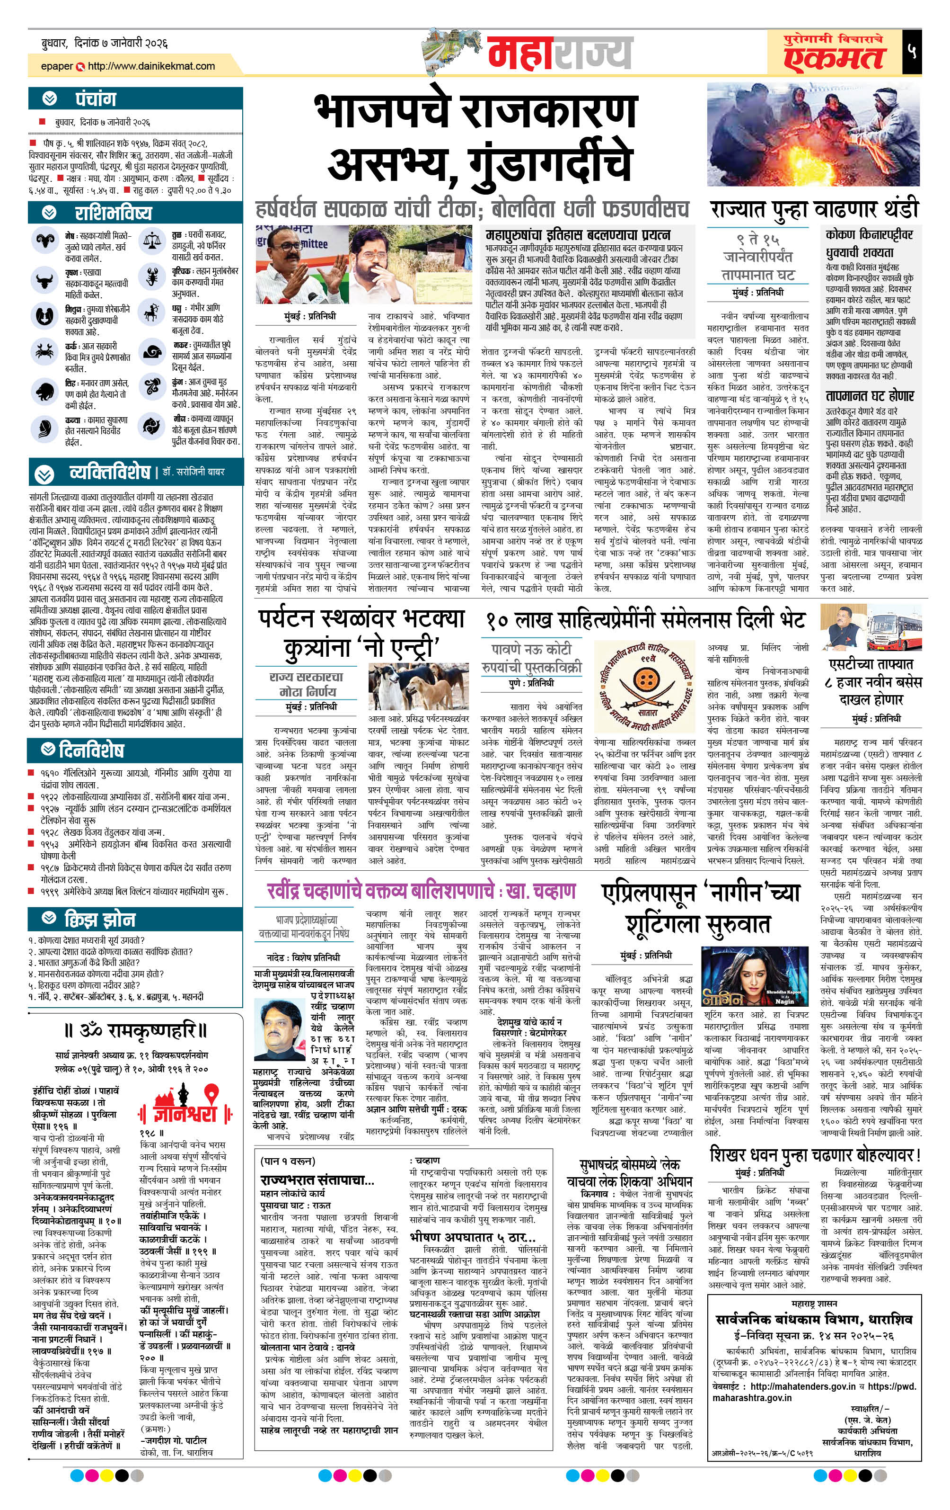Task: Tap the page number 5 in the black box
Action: [911, 51]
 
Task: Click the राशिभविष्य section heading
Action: [113, 213]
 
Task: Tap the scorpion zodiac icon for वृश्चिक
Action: [152, 276]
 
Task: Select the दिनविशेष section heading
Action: [91, 750]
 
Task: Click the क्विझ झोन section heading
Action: [100, 919]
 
